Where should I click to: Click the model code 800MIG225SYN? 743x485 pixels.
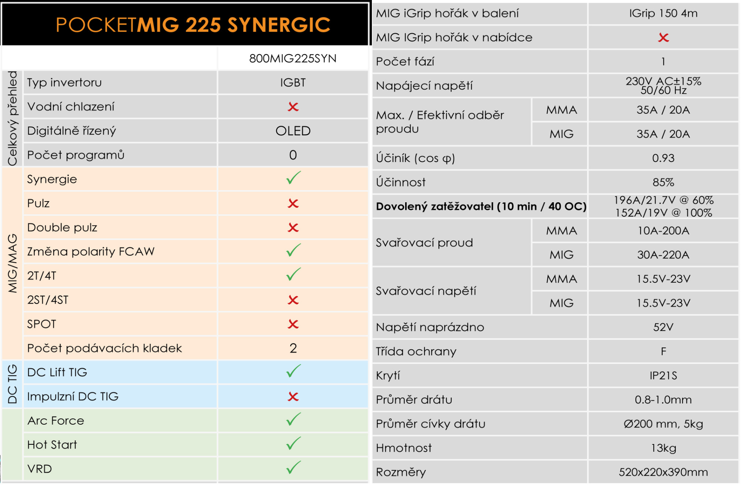pyautogui.click(x=293, y=58)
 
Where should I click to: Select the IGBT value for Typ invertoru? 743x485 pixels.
pyautogui.click(x=293, y=82)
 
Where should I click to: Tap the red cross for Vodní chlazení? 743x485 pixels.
pyautogui.click(x=293, y=107)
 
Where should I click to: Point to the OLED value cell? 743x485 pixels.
pyautogui.click(x=293, y=131)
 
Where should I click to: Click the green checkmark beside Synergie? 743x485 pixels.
pyautogui.click(x=293, y=178)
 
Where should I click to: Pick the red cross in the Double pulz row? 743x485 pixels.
pyautogui.click(x=293, y=227)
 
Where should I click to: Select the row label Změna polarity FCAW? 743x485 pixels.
pyautogui.click(x=91, y=252)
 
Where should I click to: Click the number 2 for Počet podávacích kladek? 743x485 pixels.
pyautogui.click(x=293, y=348)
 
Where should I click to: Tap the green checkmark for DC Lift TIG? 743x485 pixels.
pyautogui.click(x=293, y=371)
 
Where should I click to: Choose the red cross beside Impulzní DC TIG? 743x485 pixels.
pyautogui.click(x=293, y=396)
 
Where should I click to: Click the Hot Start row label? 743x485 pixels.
pyautogui.click(x=52, y=445)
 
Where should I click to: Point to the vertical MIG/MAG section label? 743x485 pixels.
pyautogui.click(x=12, y=263)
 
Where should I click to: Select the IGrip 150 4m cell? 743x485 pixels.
pyautogui.click(x=663, y=14)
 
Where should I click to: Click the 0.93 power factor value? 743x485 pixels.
pyautogui.click(x=663, y=158)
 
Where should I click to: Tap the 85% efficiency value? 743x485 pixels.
pyautogui.click(x=663, y=182)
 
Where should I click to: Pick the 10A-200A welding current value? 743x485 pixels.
pyautogui.click(x=663, y=231)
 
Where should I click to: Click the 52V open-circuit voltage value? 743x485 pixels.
pyautogui.click(x=663, y=327)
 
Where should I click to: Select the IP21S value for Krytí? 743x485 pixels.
pyautogui.click(x=663, y=376)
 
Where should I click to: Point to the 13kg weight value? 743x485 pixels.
pyautogui.click(x=663, y=448)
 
